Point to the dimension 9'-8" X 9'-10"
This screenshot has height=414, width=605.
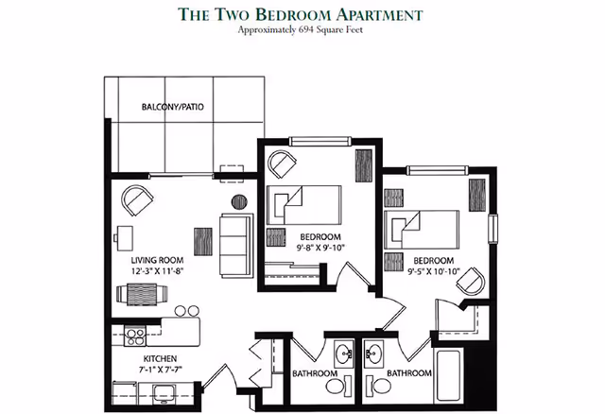(x=320, y=248)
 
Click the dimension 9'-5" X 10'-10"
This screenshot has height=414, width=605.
(x=433, y=272)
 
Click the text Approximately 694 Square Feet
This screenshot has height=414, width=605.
(x=302, y=30)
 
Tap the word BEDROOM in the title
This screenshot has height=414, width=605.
(x=342, y=13)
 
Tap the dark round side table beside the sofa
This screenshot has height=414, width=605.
(x=239, y=200)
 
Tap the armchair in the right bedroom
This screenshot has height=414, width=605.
(x=476, y=280)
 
